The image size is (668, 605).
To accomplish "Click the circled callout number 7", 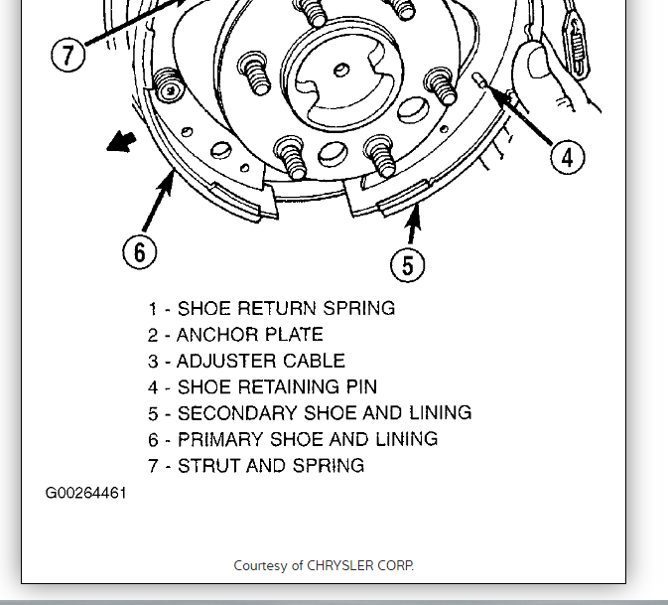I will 67,54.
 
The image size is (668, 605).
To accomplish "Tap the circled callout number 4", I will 567,156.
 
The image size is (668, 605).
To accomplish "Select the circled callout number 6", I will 139,252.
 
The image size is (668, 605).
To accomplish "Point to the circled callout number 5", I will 407,264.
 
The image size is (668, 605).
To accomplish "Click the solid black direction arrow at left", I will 121,144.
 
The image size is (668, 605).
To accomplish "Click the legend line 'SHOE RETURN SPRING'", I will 272,308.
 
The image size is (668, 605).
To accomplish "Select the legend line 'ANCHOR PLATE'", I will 236,335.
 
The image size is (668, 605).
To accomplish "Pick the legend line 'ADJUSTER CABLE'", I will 247,361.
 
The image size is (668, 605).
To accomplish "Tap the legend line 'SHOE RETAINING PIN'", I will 263,387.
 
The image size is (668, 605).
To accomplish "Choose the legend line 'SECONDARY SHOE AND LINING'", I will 310,413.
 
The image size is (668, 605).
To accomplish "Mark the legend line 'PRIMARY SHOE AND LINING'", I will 293,439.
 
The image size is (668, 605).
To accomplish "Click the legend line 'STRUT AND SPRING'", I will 256,465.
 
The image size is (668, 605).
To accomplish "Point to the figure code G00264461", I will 85,492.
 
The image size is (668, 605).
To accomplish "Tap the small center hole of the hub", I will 340,69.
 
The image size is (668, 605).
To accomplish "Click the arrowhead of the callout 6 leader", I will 170,176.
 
